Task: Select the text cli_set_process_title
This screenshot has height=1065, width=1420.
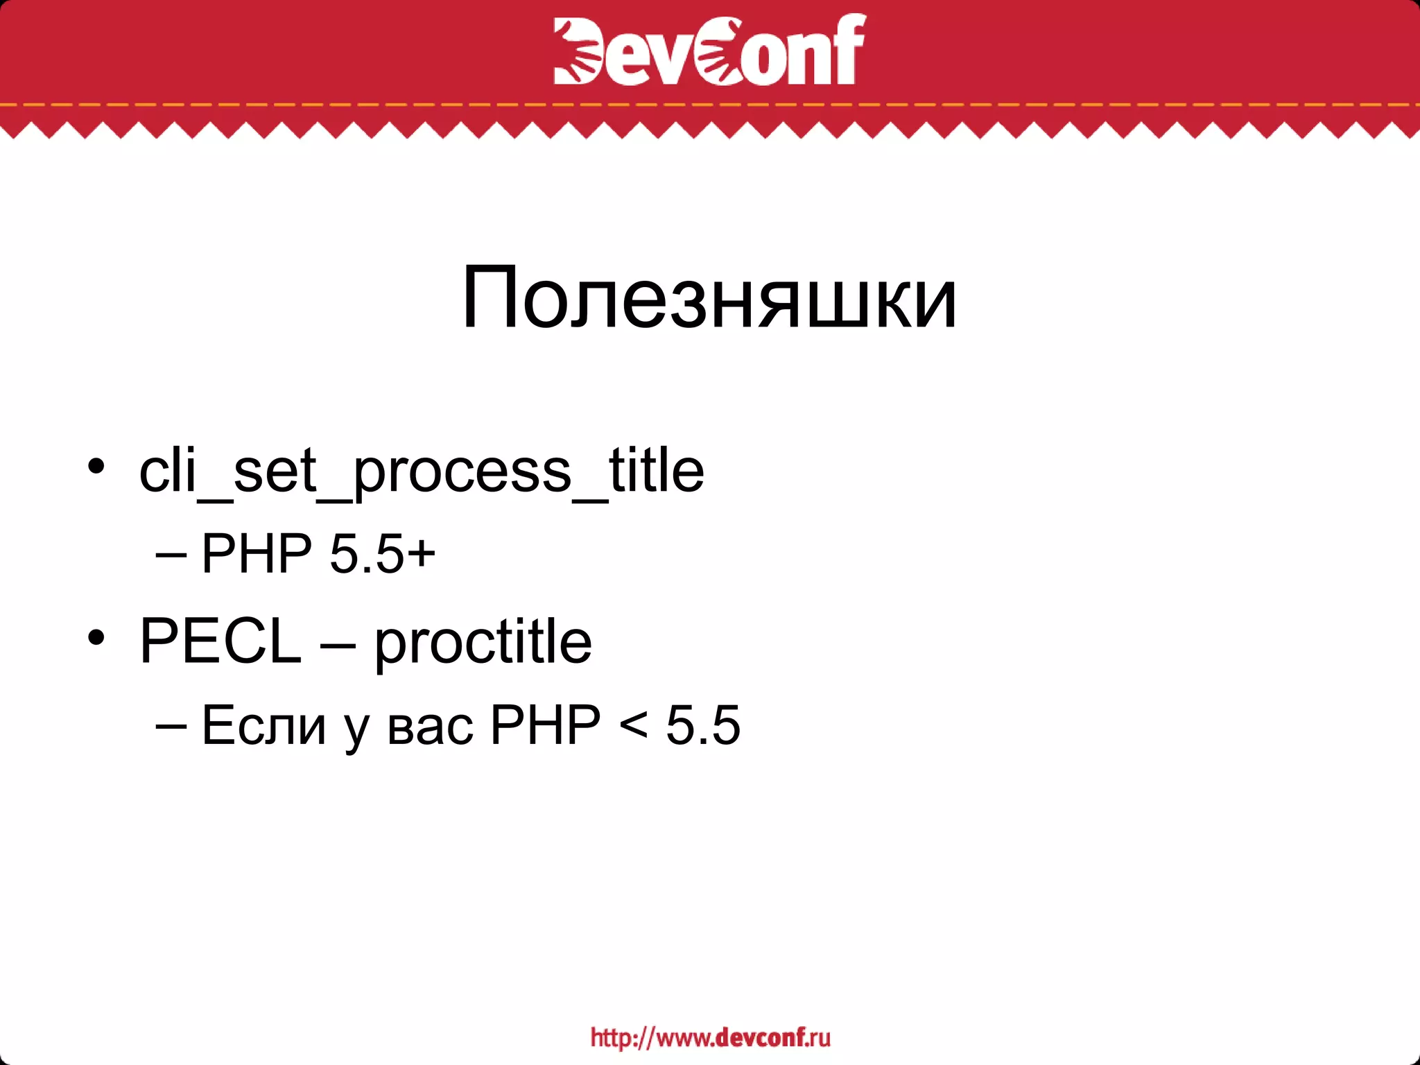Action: tap(422, 471)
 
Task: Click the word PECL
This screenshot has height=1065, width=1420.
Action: tap(220, 641)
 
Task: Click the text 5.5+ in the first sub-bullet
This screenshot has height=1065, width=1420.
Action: tap(382, 554)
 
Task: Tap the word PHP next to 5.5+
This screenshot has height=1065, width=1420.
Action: tap(257, 554)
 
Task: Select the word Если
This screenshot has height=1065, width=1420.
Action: tap(263, 725)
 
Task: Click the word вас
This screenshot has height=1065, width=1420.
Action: tap(430, 727)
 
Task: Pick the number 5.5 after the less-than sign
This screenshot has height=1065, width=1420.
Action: tap(703, 725)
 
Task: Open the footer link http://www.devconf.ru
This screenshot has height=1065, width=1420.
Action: tap(710, 1037)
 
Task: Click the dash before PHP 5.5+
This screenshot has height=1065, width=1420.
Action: tap(171, 555)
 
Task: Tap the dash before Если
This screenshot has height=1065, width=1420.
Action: tap(171, 726)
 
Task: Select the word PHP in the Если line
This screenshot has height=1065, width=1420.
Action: tap(545, 725)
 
